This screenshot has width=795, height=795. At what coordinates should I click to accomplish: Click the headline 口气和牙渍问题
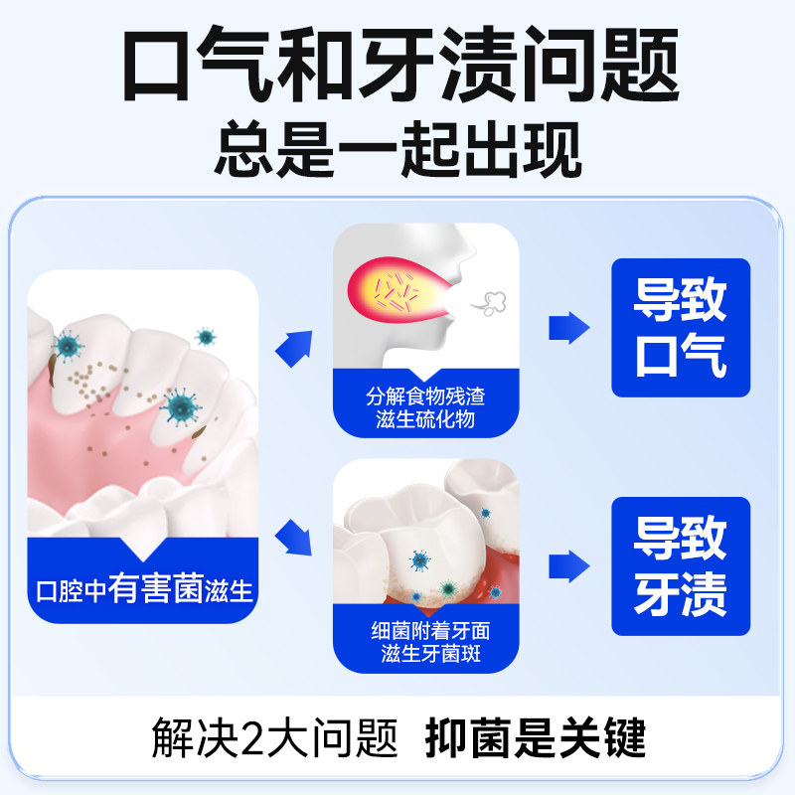(398, 64)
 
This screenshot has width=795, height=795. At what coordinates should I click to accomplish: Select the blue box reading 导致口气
(681, 328)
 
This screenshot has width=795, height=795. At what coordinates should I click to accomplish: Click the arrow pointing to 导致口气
(569, 326)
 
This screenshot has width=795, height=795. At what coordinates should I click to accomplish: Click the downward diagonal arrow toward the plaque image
(295, 537)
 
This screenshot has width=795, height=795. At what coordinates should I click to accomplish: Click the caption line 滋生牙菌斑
(425, 653)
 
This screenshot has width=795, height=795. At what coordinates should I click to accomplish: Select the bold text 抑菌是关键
(536, 738)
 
